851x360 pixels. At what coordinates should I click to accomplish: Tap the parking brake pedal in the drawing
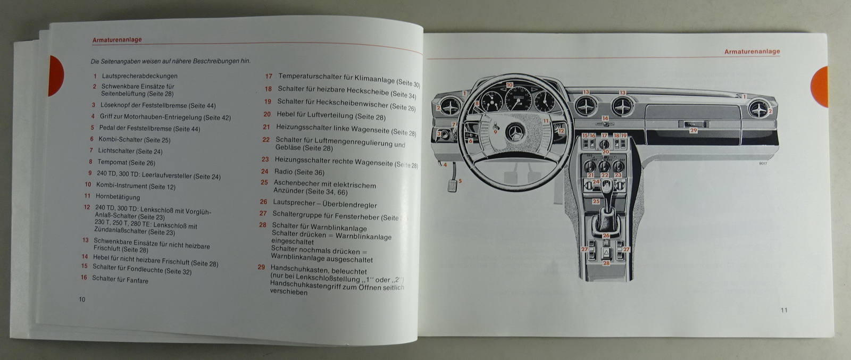(x=453, y=186)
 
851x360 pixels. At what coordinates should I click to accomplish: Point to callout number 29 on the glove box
(x=693, y=130)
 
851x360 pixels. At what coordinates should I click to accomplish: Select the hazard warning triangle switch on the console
(x=606, y=252)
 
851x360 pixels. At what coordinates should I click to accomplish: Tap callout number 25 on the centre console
(x=596, y=202)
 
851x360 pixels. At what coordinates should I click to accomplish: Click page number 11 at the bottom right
(x=784, y=311)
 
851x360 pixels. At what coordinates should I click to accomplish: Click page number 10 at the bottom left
(x=82, y=299)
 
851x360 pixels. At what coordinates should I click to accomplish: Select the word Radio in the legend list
(x=283, y=172)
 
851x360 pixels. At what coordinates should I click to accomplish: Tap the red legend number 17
(x=269, y=77)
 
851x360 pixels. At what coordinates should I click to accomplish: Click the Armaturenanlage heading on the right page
(x=752, y=52)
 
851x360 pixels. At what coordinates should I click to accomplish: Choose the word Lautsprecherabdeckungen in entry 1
(x=139, y=76)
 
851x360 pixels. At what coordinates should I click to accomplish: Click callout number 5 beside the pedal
(x=460, y=181)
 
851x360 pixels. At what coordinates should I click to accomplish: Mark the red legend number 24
(x=264, y=171)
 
